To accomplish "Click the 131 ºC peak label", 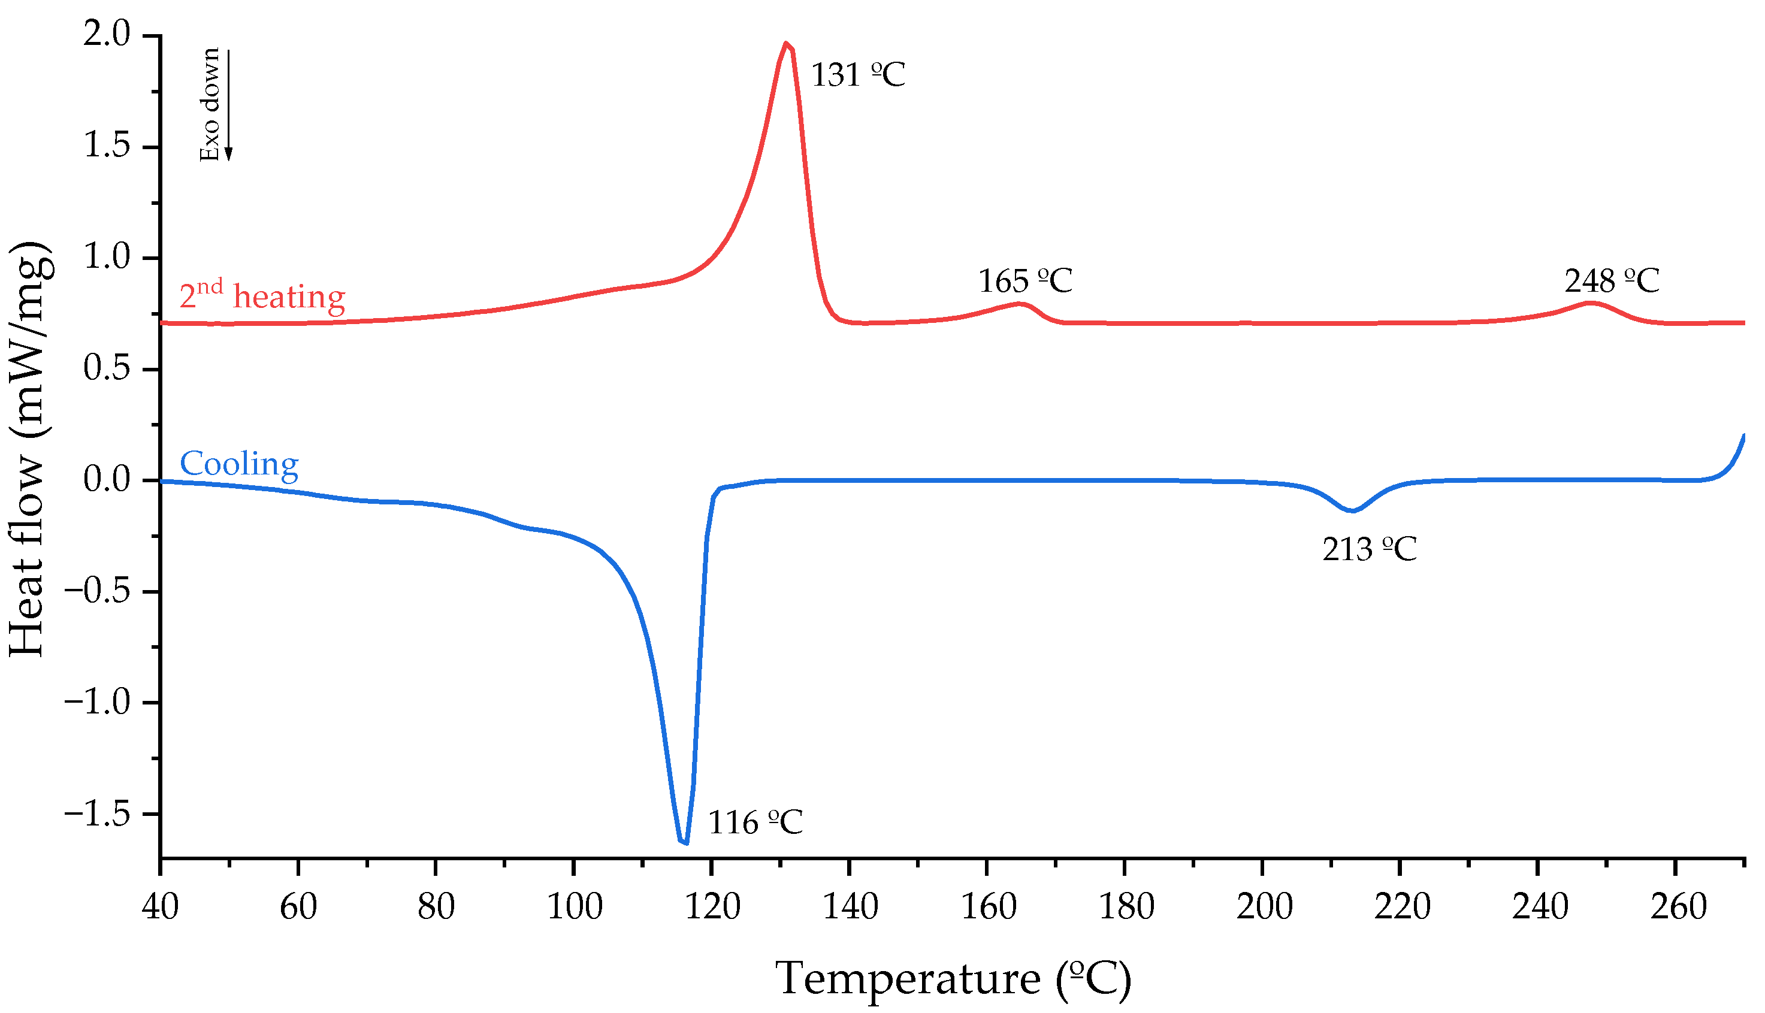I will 858,75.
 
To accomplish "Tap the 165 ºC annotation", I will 1024,281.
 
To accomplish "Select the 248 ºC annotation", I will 1611,281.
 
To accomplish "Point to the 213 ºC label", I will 1369,550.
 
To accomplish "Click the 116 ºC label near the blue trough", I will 755,823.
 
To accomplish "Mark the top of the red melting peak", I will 786,44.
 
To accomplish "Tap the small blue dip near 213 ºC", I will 1352,510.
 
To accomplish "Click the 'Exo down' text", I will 210,104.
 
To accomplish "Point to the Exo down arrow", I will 228,104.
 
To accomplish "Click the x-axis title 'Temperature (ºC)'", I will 953,979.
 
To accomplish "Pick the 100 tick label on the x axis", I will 574,907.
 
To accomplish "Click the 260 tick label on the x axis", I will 1678,907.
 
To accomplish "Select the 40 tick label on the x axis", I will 161,907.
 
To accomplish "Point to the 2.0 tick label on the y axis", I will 107,35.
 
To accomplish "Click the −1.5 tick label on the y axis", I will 98,814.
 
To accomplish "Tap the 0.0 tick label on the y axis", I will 107,480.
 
